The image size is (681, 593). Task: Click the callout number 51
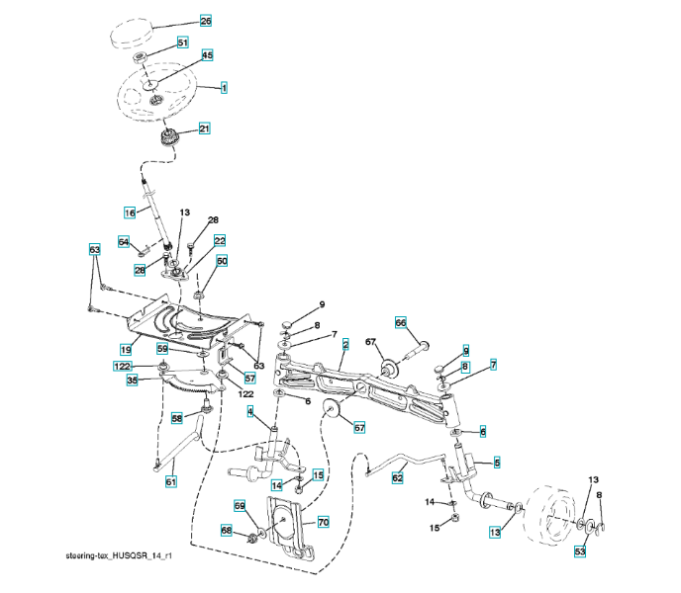[x=182, y=42]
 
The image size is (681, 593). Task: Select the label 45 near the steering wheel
[x=208, y=55]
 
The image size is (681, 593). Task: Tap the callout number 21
[x=205, y=127]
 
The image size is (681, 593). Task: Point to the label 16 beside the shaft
[x=130, y=212]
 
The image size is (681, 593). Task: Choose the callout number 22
[x=220, y=240]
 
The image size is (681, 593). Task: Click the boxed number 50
[x=222, y=261]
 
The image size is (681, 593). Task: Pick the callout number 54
[x=124, y=241]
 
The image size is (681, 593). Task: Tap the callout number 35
[x=131, y=379]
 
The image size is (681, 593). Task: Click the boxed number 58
[x=177, y=418]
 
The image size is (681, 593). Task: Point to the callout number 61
[x=171, y=481]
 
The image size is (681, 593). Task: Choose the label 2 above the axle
[x=345, y=344]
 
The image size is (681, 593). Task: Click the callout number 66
[x=401, y=322]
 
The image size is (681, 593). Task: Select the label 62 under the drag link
[x=398, y=477]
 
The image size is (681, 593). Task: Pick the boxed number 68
[x=226, y=532]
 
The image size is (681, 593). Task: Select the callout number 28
[x=212, y=220]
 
